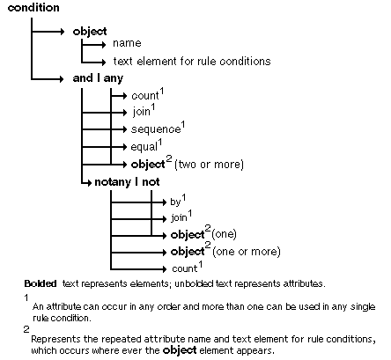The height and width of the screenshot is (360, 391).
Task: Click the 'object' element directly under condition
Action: pyautogui.click(x=89, y=32)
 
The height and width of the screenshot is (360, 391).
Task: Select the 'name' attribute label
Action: pyautogui.click(x=126, y=43)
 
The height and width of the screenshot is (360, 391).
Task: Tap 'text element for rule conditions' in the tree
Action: pyautogui.click(x=191, y=62)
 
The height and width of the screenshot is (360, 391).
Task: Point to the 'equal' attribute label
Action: pyautogui.click(x=145, y=146)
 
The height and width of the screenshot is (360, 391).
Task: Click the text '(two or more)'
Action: pyautogui.click(x=209, y=164)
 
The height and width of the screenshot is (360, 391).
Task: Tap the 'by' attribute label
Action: pyautogui.click(x=175, y=202)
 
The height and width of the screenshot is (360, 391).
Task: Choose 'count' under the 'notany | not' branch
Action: pyautogui.click(x=183, y=268)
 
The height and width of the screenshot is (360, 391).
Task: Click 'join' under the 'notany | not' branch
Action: pyautogui.click(x=178, y=217)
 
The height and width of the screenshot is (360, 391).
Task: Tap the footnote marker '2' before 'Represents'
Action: pyautogui.click(x=27, y=328)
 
